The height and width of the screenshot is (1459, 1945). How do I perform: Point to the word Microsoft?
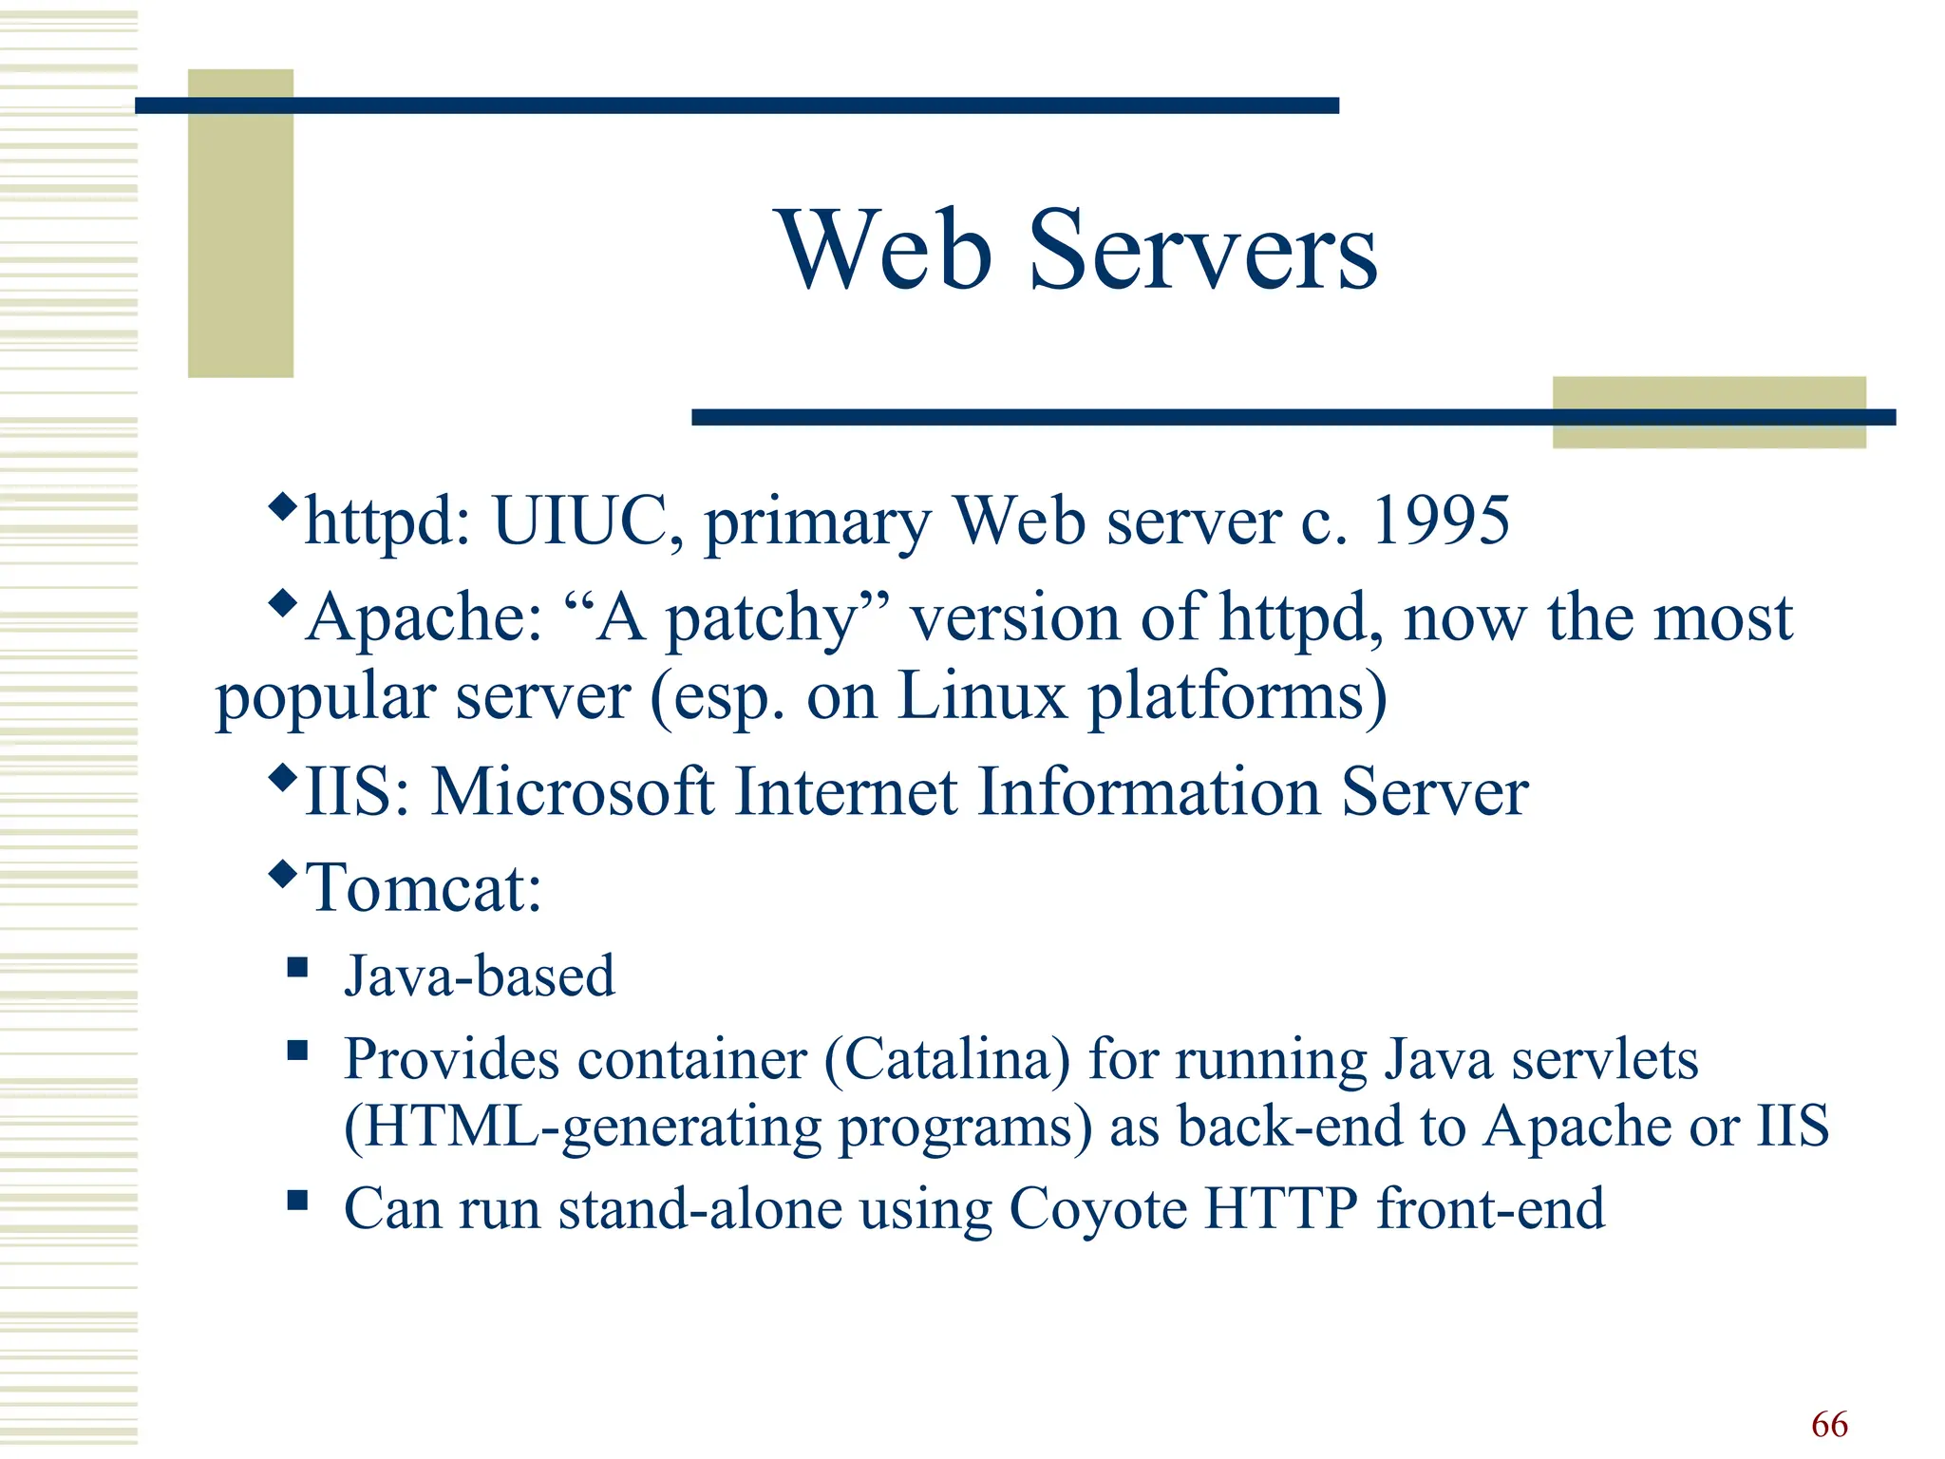point(573,791)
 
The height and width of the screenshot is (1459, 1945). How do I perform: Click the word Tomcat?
point(424,888)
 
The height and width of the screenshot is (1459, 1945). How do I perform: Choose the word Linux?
point(982,696)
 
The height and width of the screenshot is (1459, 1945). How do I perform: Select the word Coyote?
point(1098,1209)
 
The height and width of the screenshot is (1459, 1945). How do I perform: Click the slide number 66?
point(1829,1424)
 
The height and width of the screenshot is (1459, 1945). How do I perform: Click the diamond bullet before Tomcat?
point(283,873)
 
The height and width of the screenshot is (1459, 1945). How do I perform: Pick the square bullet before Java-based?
point(298,968)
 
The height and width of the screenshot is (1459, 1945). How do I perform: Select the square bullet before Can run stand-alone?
point(298,1201)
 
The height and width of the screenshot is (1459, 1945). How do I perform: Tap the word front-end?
point(1491,1209)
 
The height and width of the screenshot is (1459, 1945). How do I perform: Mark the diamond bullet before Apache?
point(283,602)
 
